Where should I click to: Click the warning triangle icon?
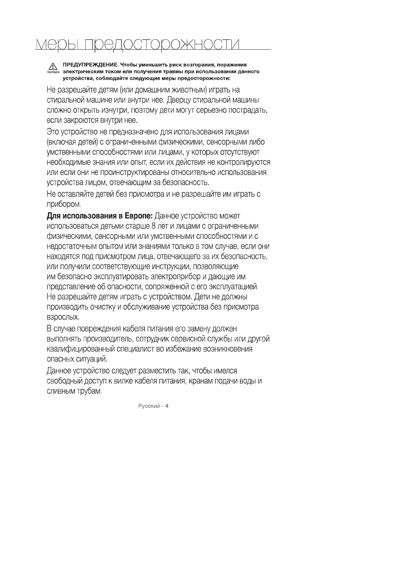point(52,66)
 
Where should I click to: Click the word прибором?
point(64,204)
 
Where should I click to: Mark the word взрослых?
point(63,317)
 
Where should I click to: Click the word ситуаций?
point(94,359)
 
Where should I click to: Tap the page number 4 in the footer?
point(167,406)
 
